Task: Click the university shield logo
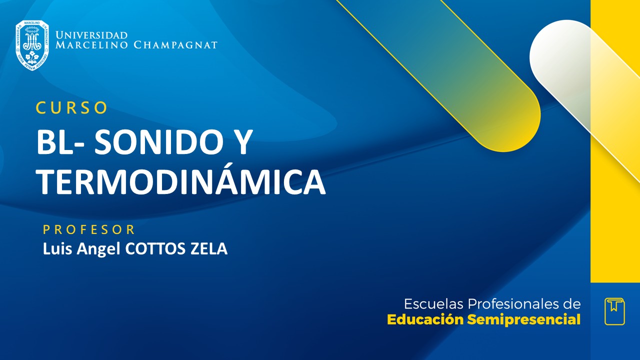point(32,45)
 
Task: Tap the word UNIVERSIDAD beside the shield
point(92,35)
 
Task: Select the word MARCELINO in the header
point(92,45)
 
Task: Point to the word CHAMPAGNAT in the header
point(175,45)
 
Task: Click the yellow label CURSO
point(72,107)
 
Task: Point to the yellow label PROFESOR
point(89,229)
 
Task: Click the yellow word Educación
point(425,320)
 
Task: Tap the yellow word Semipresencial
point(524,320)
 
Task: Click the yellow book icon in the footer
point(614,311)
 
